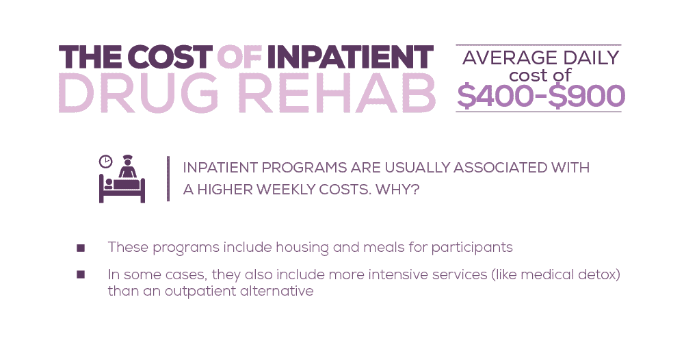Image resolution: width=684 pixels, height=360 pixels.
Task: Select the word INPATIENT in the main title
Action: pos(350,57)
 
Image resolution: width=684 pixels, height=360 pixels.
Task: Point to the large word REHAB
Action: pos(335,94)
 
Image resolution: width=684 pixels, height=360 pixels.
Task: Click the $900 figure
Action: pos(587,96)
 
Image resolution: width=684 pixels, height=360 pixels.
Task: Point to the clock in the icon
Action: pos(105,162)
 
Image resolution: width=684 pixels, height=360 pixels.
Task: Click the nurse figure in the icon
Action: pos(127,167)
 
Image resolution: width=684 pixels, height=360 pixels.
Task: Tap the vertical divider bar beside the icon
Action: pos(168,179)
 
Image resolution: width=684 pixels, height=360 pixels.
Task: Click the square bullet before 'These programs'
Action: pos(81,247)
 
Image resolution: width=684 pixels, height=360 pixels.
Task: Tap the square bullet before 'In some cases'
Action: pos(81,274)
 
